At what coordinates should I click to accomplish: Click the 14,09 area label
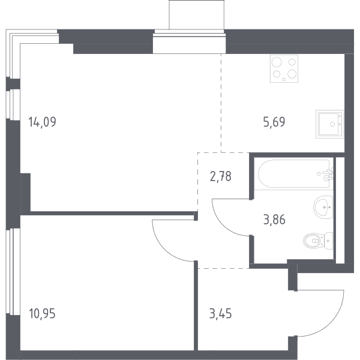[x=42, y=122]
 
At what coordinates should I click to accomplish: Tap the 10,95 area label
[x=42, y=313]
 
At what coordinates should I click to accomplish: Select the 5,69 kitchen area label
[x=274, y=122]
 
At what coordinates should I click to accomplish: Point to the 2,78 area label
[x=221, y=176]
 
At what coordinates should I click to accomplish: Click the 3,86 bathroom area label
[x=274, y=220]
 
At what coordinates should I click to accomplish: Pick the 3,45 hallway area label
[x=220, y=313]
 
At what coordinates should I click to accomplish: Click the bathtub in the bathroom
[x=295, y=173]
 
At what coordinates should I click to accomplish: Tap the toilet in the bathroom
[x=318, y=241]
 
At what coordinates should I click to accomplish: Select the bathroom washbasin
[x=323, y=208]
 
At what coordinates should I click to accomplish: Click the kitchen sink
[x=329, y=124]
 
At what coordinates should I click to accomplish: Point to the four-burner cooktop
[x=284, y=68]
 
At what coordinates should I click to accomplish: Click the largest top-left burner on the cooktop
[x=277, y=62]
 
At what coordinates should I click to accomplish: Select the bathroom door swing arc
[x=222, y=225]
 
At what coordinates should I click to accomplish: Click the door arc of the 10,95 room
[x=163, y=250]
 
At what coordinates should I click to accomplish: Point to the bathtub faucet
[x=328, y=175]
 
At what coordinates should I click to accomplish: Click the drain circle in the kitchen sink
[x=332, y=124]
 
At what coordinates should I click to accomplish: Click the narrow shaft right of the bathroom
[x=340, y=210]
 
